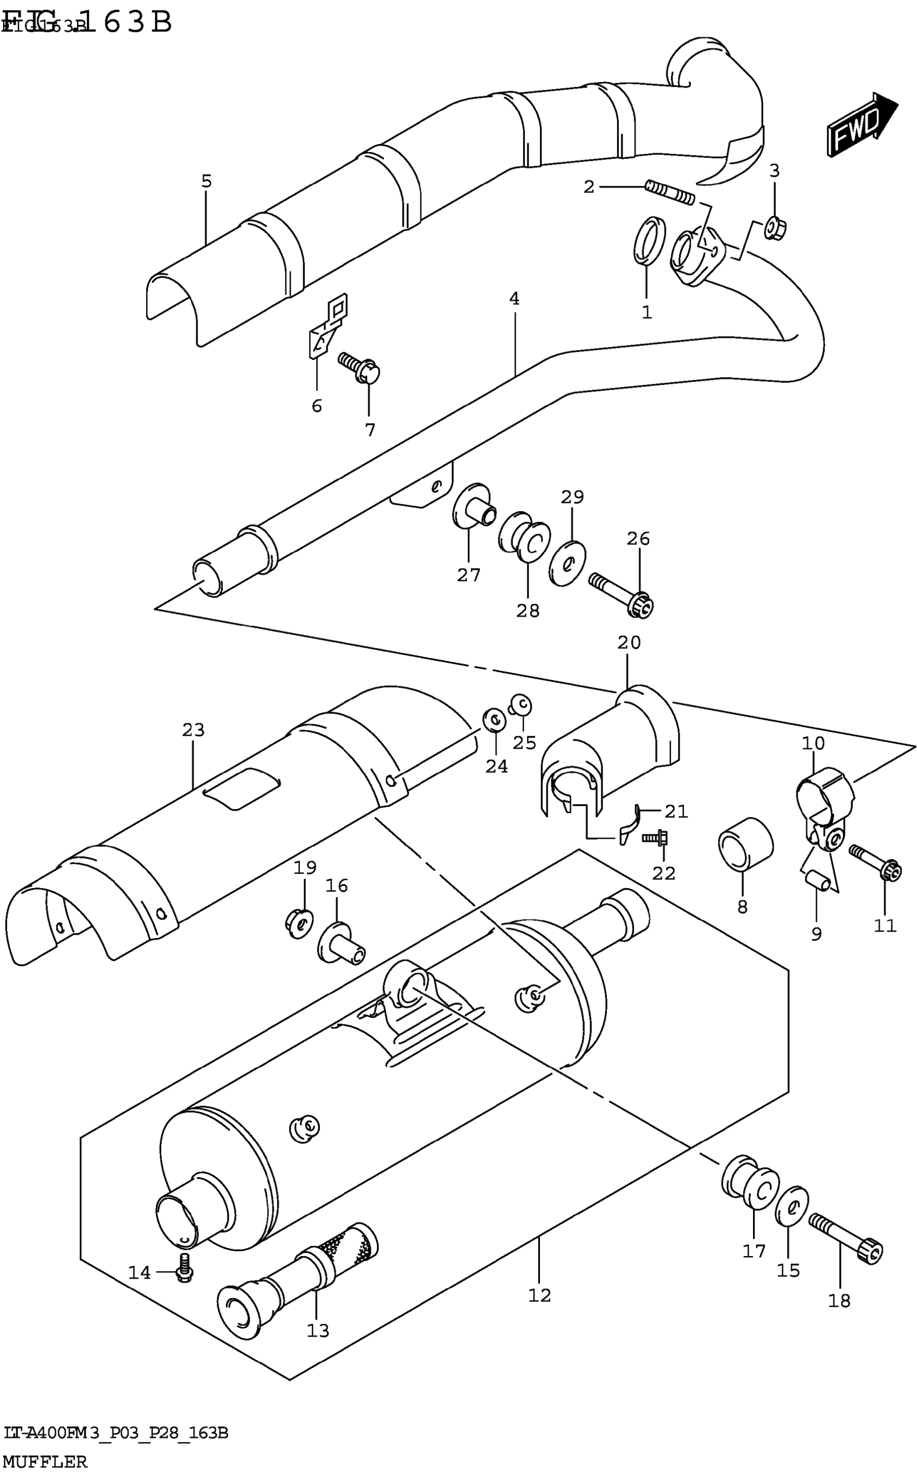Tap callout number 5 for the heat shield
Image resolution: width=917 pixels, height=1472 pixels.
[206, 181]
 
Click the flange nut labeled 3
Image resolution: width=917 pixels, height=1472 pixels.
[775, 228]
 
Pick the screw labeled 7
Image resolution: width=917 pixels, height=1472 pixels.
[360, 368]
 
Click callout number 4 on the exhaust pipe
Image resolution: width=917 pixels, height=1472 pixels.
[514, 299]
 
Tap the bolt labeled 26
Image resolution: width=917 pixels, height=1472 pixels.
[621, 593]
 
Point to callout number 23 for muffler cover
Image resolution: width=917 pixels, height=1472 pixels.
[194, 730]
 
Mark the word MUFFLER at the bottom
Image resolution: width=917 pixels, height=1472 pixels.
[46, 1461]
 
